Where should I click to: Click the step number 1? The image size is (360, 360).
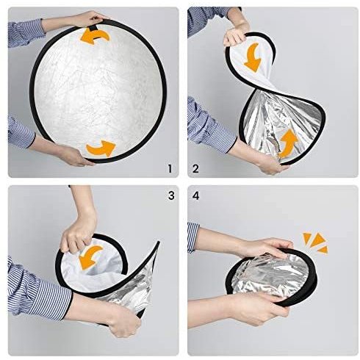coord(170,169)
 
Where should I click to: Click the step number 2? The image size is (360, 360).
coord(195,169)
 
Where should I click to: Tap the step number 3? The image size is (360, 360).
coord(171,195)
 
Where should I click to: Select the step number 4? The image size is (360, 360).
coord(196,195)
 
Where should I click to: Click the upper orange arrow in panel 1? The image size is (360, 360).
coord(95,36)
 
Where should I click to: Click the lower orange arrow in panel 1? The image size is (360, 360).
coord(101,148)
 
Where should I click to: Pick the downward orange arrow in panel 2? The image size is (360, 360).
coord(253,58)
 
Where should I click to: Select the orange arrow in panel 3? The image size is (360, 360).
coord(90,258)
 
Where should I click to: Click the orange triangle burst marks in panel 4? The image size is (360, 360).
coord(316,242)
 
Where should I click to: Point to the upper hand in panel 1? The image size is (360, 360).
coord(90,19)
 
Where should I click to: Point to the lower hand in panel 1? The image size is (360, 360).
coord(73,156)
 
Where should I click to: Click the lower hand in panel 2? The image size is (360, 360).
coord(270,164)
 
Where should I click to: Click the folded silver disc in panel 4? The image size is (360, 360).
coord(271,276)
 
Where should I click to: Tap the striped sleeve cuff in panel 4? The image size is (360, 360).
coord(193,237)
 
